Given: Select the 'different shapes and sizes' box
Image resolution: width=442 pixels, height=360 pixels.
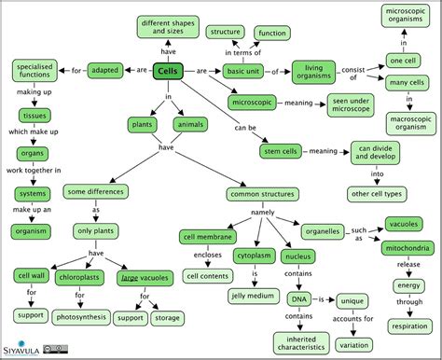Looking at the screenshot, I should pyautogui.click(x=167, y=25).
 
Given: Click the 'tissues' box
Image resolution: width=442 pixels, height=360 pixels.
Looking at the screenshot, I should pyautogui.click(x=32, y=115).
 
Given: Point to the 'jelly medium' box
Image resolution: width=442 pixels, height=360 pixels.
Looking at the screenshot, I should pyautogui.click(x=254, y=296).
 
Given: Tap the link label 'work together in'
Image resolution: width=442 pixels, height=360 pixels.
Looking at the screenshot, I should pyautogui.click(x=31, y=170).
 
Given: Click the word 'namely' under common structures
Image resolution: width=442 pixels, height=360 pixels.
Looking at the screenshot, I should pyautogui.click(x=262, y=213).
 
